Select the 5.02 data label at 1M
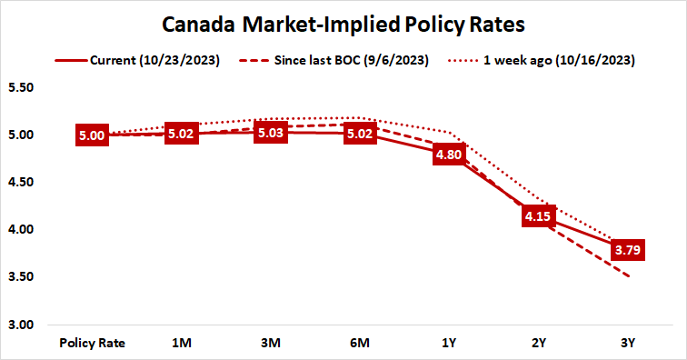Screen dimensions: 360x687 [x=181, y=134]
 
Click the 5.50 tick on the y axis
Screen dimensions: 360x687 [x=20, y=88]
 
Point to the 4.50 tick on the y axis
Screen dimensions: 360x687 [x=20, y=183]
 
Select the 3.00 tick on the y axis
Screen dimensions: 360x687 [x=20, y=325]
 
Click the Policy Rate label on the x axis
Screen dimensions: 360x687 [x=92, y=344]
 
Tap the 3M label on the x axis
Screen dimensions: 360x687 [x=270, y=344]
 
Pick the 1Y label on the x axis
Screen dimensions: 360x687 [x=448, y=344]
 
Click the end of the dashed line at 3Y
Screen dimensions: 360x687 [x=626, y=276]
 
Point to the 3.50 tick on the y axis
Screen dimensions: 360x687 [x=20, y=277]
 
